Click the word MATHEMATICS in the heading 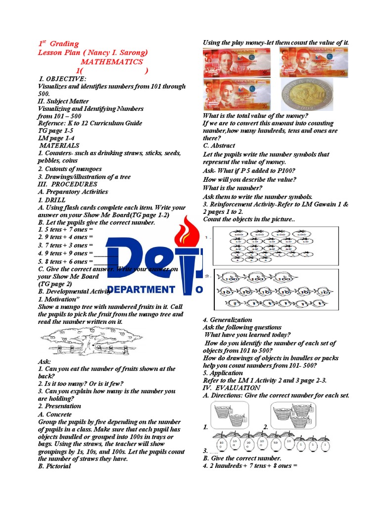click(x=112, y=62)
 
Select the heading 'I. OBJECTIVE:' click(x=62, y=79)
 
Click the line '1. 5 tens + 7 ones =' click(x=65, y=230)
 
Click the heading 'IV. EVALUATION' click(x=232, y=388)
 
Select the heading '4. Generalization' click(x=228, y=320)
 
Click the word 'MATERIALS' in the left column click(x=59, y=146)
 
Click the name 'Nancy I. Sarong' click(x=117, y=52)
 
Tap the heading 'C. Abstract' click(x=219, y=146)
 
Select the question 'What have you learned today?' click(x=247, y=335)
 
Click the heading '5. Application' click(x=223, y=373)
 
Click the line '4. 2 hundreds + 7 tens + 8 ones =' click(x=249, y=465)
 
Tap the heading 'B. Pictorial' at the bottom click(x=54, y=466)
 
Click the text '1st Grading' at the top click(x=58, y=44)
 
